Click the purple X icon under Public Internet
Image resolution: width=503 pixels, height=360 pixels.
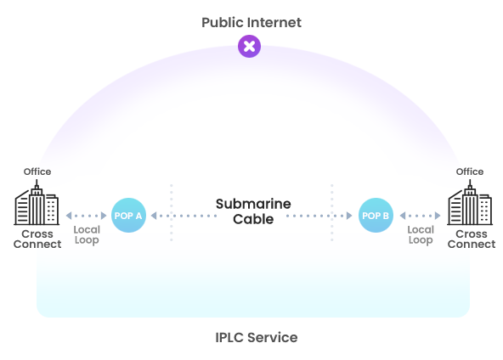[249, 47]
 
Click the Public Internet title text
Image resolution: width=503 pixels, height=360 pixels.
[251, 22]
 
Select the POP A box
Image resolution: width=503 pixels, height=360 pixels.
[128, 216]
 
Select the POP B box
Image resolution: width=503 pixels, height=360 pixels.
[376, 216]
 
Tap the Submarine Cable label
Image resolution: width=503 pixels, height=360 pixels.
[253, 211]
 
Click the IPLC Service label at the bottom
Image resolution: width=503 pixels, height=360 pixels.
[256, 338]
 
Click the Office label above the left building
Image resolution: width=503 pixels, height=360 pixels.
[37, 172]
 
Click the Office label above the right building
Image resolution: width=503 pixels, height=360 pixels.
[470, 172]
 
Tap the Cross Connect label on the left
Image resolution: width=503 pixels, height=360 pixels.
[37, 239]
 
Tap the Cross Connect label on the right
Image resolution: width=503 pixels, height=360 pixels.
[471, 239]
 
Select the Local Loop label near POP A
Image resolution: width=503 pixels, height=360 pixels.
[87, 235]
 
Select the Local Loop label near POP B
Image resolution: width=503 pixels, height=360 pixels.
[421, 235]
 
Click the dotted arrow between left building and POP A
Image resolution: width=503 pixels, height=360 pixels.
[87, 216]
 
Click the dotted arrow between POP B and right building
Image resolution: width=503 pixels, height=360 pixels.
[421, 216]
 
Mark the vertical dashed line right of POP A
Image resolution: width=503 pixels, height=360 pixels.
[171, 212]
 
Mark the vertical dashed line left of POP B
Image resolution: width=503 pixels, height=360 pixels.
[331, 212]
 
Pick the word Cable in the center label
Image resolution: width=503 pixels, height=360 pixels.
[253, 219]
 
